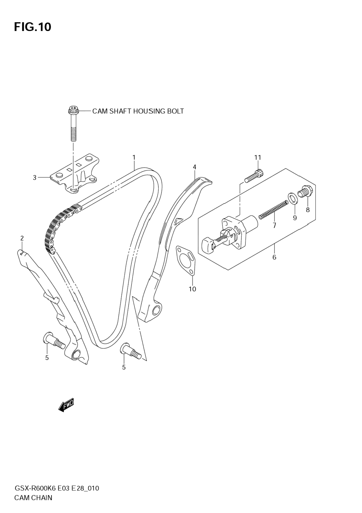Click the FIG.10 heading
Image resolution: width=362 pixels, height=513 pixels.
click(33, 27)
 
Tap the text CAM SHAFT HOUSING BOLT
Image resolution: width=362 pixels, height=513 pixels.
click(138, 111)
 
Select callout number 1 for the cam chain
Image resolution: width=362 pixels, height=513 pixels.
click(134, 157)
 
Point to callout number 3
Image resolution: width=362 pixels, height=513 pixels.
click(35, 178)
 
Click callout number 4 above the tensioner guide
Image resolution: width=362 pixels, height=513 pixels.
click(194, 167)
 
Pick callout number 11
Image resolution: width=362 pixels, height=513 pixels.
click(257, 158)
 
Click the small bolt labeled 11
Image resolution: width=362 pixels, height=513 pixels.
click(254, 176)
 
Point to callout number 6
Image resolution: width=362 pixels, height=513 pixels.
click(274, 257)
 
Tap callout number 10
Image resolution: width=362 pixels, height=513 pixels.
click(192, 289)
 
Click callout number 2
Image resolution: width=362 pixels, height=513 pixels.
click(22, 238)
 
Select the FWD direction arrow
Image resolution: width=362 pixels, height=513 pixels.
click(66, 404)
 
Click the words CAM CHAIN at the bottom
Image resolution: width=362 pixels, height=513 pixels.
click(33, 498)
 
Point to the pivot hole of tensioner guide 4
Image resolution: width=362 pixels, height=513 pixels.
click(156, 310)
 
